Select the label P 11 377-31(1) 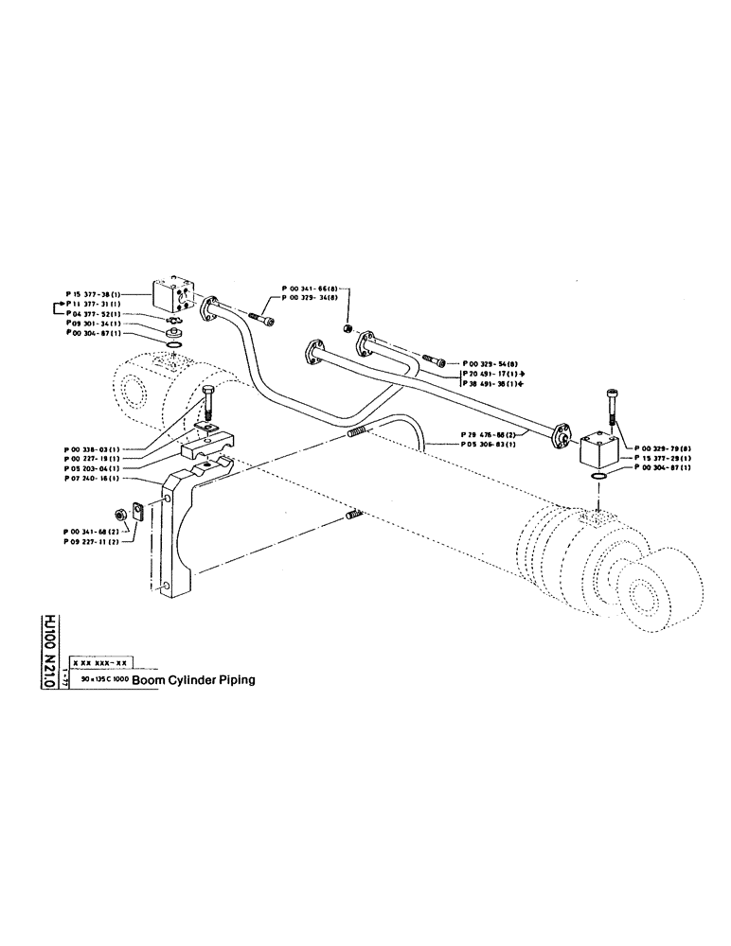[96, 304]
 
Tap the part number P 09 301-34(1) [93, 323]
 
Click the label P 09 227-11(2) [93, 544]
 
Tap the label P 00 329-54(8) [490, 363]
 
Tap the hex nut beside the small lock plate [121, 514]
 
